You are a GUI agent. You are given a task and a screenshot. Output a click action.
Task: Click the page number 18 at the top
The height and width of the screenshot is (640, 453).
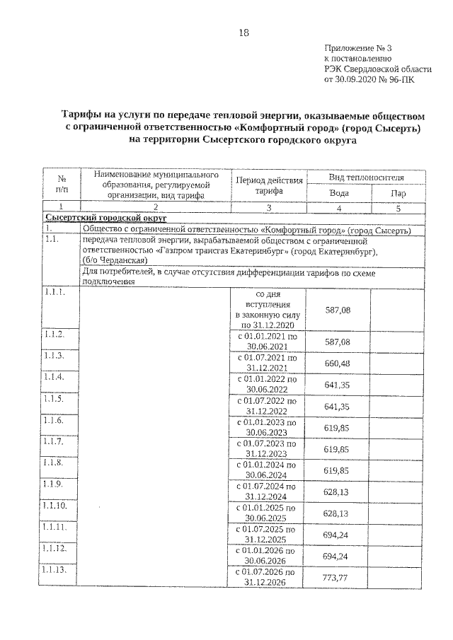pos(243,33)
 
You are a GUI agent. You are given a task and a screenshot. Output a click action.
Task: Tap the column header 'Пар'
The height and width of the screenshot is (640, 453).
pos(398,194)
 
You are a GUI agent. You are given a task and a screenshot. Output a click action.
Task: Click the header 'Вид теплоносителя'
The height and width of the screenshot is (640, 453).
pos(367,176)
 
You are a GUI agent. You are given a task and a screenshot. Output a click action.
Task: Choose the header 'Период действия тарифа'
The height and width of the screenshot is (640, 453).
pos(269,185)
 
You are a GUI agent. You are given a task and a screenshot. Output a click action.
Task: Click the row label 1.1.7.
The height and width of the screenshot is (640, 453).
pos(54,442)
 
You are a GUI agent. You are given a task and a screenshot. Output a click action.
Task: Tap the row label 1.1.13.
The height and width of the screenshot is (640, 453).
pos(56,571)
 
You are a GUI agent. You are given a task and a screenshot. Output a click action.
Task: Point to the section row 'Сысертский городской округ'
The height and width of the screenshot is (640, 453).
pos(100,219)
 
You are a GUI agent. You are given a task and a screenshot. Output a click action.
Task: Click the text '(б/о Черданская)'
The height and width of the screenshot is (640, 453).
pos(114,260)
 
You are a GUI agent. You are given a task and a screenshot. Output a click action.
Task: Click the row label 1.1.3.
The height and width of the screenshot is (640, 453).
pos(54,356)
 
